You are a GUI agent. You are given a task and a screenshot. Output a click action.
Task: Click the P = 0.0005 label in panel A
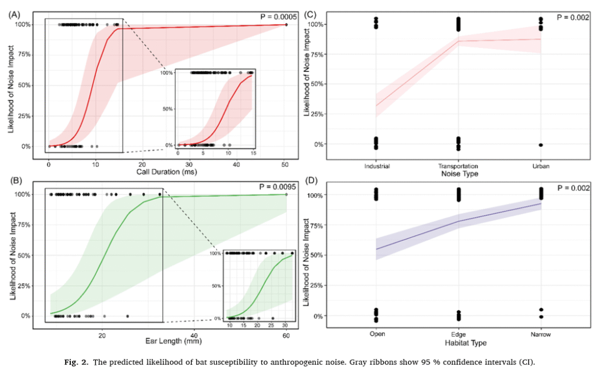(x=278, y=16)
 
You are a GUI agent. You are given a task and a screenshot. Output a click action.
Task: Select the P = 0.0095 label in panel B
(x=278, y=187)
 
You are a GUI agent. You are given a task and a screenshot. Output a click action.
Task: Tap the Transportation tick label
(x=458, y=166)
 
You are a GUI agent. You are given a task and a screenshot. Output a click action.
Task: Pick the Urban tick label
(x=540, y=166)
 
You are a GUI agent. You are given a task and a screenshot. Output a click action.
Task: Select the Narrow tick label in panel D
(x=540, y=335)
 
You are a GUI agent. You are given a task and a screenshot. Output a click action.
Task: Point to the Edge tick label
(x=458, y=335)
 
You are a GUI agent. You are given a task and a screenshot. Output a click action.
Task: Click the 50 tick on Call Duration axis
(x=285, y=165)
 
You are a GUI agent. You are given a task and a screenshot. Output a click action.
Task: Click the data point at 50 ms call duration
(x=286, y=25)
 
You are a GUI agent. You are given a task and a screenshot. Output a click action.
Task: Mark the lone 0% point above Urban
(x=540, y=145)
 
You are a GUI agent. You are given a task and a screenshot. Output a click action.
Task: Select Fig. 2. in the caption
(x=76, y=362)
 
